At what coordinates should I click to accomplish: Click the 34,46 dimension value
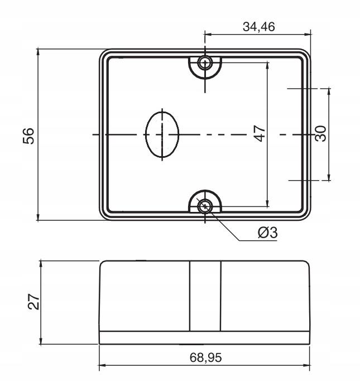click(259, 27)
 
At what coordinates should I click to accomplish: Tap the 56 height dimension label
click(28, 136)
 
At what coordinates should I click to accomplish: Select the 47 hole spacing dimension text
click(260, 133)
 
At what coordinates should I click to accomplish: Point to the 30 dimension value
click(320, 133)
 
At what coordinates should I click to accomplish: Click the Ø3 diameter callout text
click(267, 233)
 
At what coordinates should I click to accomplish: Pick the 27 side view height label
click(33, 302)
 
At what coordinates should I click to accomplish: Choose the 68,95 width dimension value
click(206, 357)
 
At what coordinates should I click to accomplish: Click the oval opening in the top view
click(162, 134)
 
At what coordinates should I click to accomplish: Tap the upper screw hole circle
click(205, 63)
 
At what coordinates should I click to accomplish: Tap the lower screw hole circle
click(205, 206)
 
